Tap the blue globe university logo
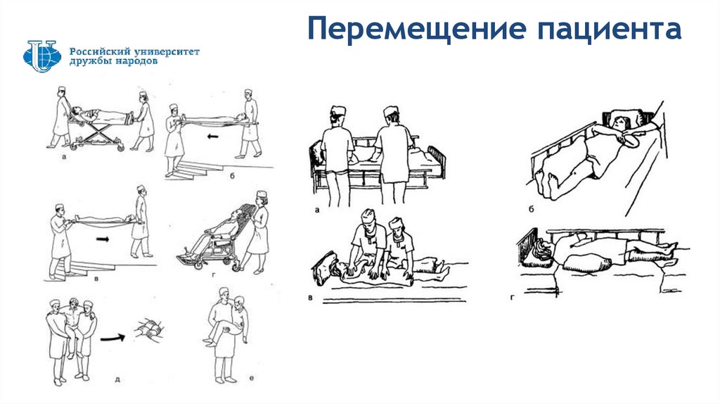[41, 56]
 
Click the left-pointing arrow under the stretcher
[212, 136]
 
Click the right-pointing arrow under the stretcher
[103, 239]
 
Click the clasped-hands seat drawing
[149, 329]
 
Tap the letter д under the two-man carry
[117, 379]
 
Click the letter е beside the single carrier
[252, 378]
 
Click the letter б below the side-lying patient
[532, 210]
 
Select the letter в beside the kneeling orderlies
[310, 298]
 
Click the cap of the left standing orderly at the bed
[337, 112]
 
